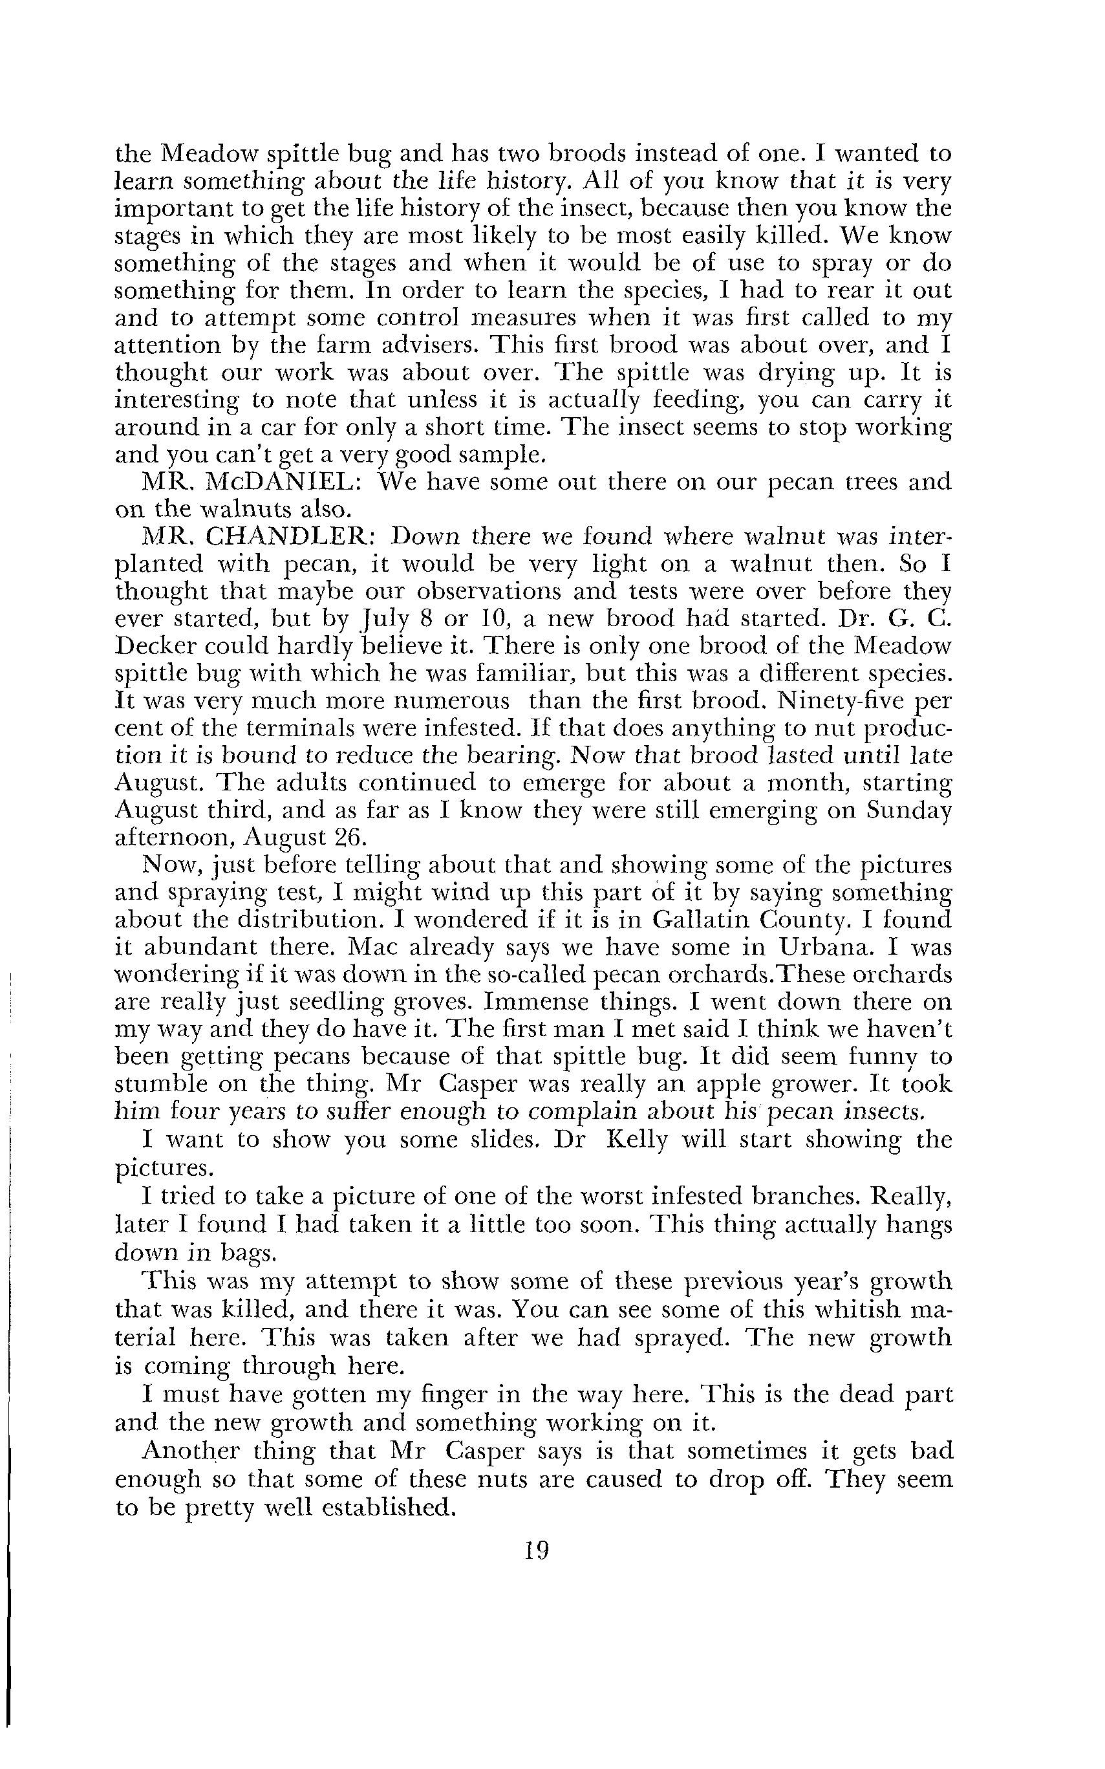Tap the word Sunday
909,810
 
